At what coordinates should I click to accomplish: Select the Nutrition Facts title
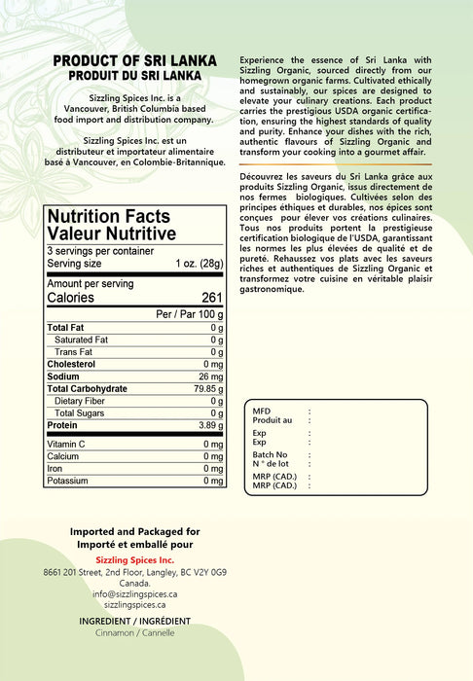click(108, 216)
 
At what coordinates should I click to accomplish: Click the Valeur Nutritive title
click(111, 233)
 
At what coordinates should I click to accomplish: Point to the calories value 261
click(212, 298)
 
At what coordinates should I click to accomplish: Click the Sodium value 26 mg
click(210, 376)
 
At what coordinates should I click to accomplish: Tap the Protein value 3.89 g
click(207, 425)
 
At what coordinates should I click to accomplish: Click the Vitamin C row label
click(66, 445)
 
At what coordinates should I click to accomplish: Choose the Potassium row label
click(68, 481)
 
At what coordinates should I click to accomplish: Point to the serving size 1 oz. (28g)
click(200, 264)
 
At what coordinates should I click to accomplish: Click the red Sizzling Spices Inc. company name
click(134, 560)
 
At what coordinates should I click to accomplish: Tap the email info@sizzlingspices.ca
click(134, 593)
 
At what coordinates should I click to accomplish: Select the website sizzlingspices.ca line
click(134, 604)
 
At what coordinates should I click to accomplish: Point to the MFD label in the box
click(261, 412)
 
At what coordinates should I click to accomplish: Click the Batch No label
click(270, 454)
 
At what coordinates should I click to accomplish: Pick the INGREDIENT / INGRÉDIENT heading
click(134, 621)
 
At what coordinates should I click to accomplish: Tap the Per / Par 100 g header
click(190, 315)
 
